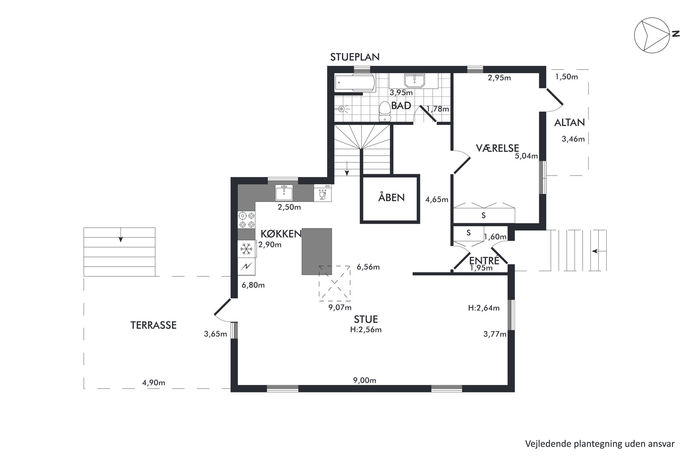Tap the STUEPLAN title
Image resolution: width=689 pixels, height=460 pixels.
pos(355,57)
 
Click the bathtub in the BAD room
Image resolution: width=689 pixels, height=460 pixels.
pos(355,83)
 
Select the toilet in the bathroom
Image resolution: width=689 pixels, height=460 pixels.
pos(384,111)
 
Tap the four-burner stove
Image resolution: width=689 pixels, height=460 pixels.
pos(247,220)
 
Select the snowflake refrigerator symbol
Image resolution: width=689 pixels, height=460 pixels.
pos(247,249)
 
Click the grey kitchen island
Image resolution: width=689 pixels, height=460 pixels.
pos(317,251)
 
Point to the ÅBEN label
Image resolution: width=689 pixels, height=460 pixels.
pos(391,197)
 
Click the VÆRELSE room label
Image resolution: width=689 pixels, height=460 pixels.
pos(497,148)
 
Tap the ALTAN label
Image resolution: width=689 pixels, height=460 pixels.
pos(570,122)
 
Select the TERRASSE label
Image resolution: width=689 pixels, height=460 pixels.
pos(153,325)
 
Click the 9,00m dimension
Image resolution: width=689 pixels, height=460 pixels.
pos(365,380)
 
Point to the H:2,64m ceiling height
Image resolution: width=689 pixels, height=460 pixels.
pos(484,308)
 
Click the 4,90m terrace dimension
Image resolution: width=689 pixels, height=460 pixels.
pos(153,383)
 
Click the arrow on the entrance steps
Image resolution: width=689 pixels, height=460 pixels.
pos(599,251)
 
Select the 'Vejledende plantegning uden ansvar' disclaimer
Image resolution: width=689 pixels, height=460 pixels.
pos(600,444)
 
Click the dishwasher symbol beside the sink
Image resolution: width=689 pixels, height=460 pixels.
pos(323,193)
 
